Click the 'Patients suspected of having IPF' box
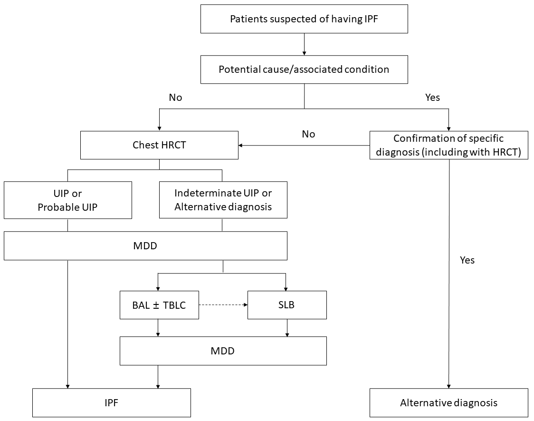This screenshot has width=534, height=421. tap(304, 19)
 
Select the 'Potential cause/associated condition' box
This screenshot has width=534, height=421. tap(304, 69)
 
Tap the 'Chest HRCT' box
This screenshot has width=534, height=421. tap(159, 145)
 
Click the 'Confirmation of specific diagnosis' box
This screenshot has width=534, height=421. tap(448, 145)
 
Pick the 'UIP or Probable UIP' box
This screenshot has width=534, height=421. tap(68, 200)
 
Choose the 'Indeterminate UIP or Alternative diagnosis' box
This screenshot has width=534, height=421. tap(223, 200)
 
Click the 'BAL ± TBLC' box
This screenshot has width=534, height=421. tap(159, 305)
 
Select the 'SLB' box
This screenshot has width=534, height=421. tap(287, 305)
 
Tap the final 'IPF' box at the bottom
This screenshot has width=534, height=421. tap(111, 402)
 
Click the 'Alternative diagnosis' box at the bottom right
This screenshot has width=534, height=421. tap(448, 402)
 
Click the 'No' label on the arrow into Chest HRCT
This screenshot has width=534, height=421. tap(308, 134)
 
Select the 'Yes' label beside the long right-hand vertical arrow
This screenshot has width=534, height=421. tap(467, 260)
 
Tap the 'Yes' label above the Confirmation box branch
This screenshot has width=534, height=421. tap(432, 98)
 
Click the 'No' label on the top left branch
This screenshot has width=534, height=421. tap(175, 98)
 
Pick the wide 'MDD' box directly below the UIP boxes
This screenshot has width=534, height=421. tap(145, 245)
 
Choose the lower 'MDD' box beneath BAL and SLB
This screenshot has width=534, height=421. tap(223, 351)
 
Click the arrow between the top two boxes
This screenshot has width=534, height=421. tap(304, 44)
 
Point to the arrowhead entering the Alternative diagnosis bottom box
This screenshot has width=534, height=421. tap(448, 385)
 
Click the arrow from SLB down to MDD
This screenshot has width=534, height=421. tap(287, 328)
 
